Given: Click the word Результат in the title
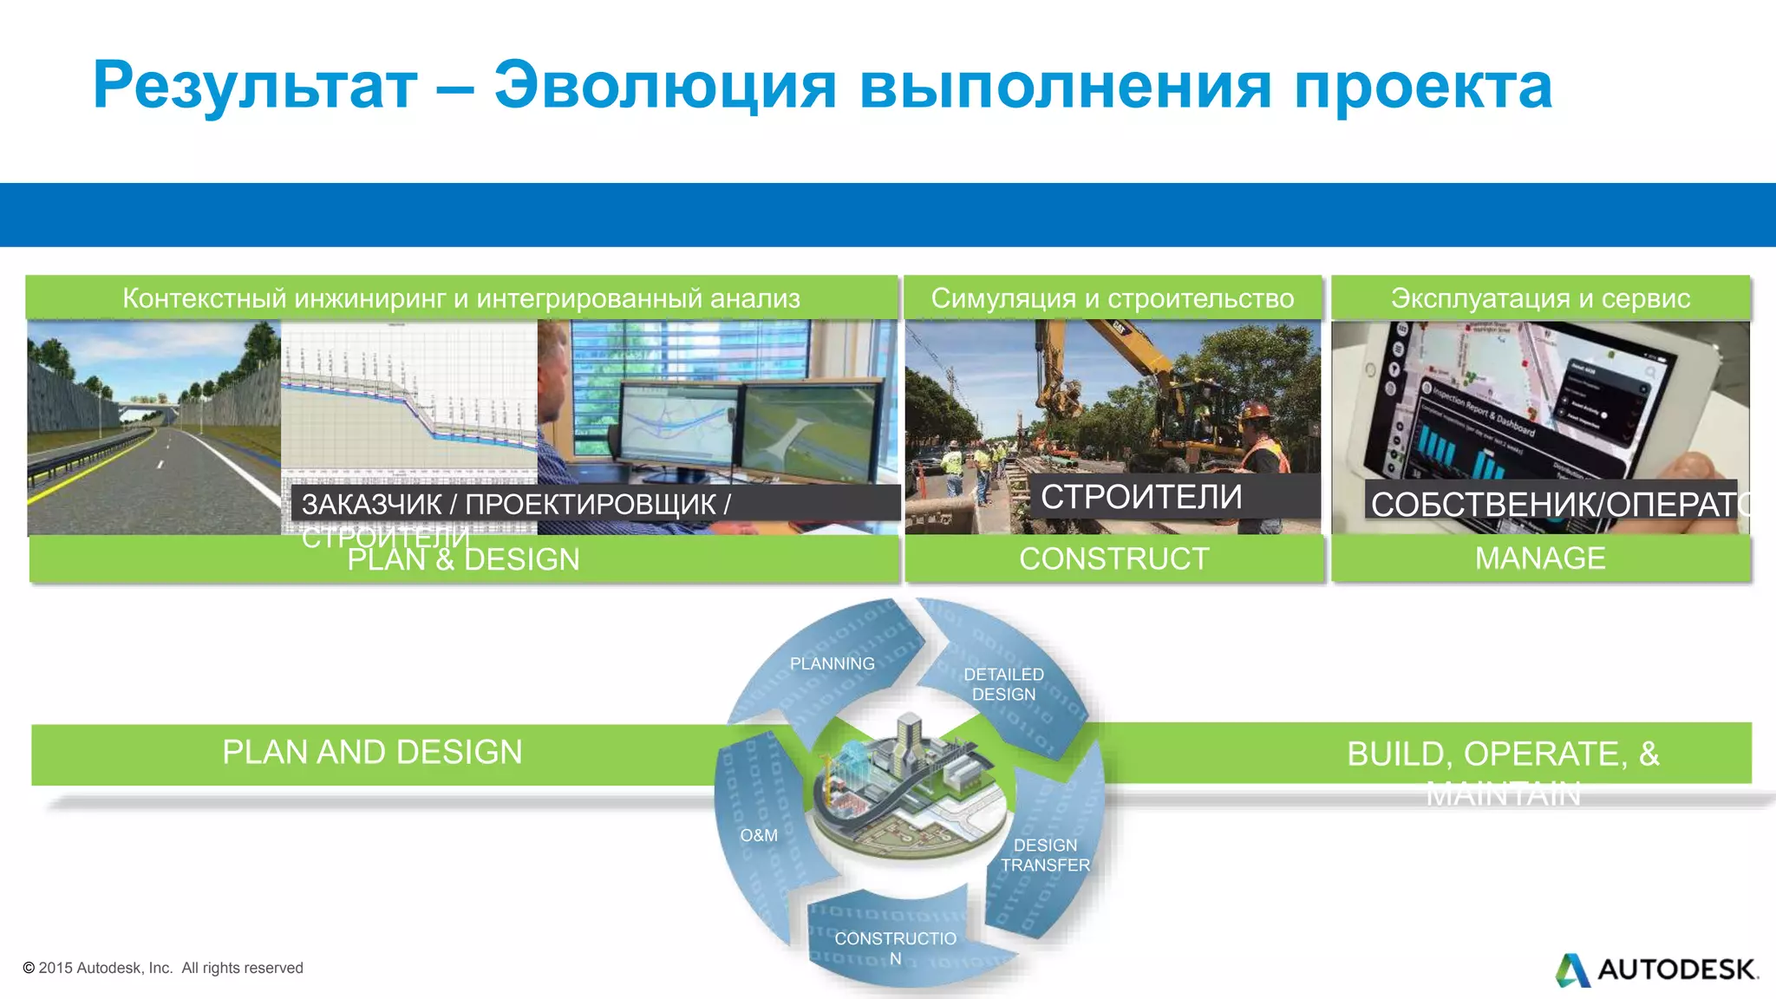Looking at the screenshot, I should pyautogui.click(x=255, y=87).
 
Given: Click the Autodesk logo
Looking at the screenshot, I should pyautogui.click(x=1656, y=970).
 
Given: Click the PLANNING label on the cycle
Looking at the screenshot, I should pyautogui.click(x=832, y=663).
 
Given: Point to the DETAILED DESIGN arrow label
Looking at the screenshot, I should pyautogui.click(x=1003, y=684).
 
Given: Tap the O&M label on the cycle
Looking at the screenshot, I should pyautogui.click(x=759, y=835).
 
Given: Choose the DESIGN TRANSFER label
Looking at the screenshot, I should pyautogui.click(x=1045, y=855).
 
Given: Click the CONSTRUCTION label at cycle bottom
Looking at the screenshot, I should pyautogui.click(x=895, y=948).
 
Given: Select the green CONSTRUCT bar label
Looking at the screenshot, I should pyautogui.click(x=1113, y=558).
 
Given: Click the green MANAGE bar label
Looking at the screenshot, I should pyautogui.click(x=1540, y=558).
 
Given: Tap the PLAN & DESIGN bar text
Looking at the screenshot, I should pyautogui.click(x=463, y=559).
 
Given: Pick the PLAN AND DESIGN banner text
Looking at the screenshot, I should pyautogui.click(x=372, y=752).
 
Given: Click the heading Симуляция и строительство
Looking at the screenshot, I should pyautogui.click(x=1113, y=298).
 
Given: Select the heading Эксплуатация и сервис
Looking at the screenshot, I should pyautogui.click(x=1540, y=298).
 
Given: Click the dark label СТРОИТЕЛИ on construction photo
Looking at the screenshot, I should pyautogui.click(x=1141, y=497).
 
